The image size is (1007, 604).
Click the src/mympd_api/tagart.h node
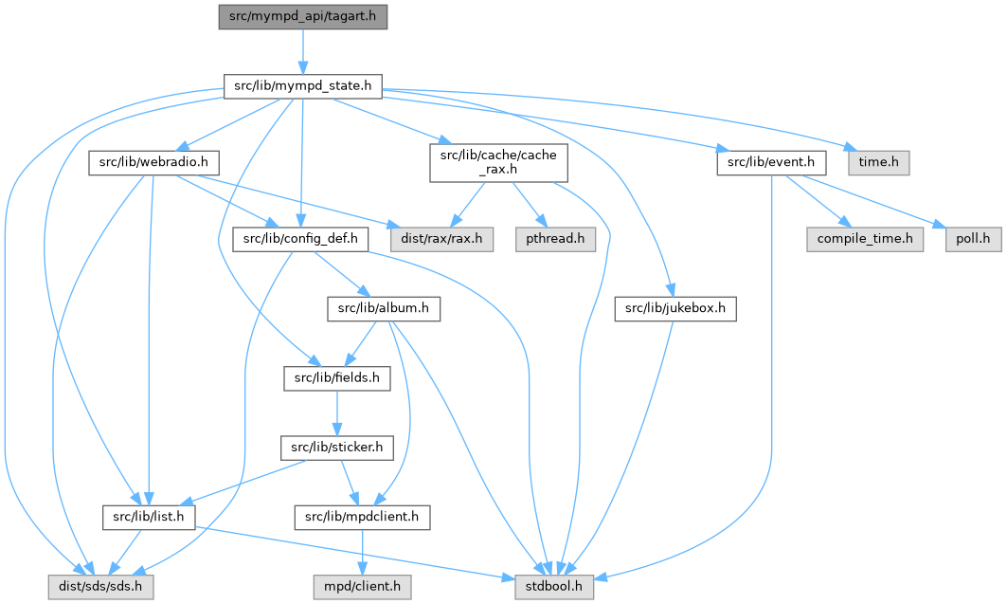[302, 17]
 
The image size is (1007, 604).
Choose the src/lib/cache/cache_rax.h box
[498, 162]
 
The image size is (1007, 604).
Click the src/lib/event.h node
[771, 162]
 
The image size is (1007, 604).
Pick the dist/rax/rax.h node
[439, 239]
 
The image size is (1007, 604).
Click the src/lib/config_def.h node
[300, 239]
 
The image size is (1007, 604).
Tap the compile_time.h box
[865, 239]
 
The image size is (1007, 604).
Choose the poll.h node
[972, 239]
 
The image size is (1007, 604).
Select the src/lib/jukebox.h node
[674, 308]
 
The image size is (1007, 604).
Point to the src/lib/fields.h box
[338, 378]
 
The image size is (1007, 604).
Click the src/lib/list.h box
[149, 518]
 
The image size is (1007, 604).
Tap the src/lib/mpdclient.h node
[363, 518]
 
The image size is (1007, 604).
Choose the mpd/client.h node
[363, 588]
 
